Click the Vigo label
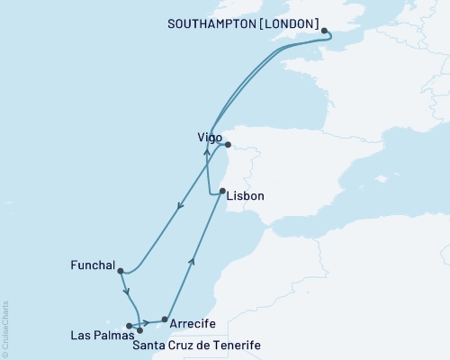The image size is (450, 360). [x=209, y=137]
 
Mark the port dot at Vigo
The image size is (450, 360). [x=228, y=144]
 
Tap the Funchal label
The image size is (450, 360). [x=92, y=265]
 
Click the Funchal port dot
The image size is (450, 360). [x=120, y=270]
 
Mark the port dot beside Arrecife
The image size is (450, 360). [x=164, y=319]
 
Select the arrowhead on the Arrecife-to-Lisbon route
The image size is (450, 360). [x=190, y=262]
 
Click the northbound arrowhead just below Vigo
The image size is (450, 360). [x=207, y=152]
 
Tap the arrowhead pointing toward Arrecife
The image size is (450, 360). [x=145, y=322]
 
